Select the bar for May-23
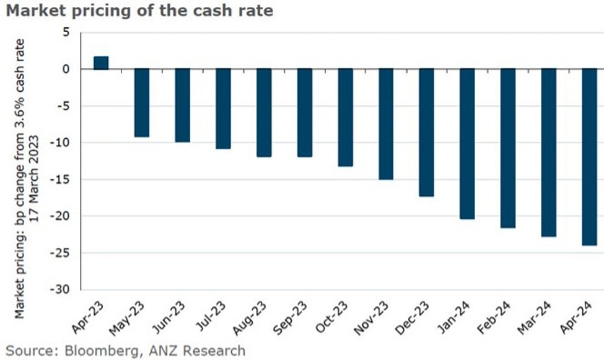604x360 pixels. [x=142, y=102]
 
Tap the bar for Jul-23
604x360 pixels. [x=223, y=108]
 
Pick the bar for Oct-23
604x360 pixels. [x=345, y=117]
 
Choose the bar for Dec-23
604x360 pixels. [x=426, y=132]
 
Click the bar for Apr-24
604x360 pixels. [x=589, y=157]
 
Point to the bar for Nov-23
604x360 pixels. [x=386, y=124]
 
